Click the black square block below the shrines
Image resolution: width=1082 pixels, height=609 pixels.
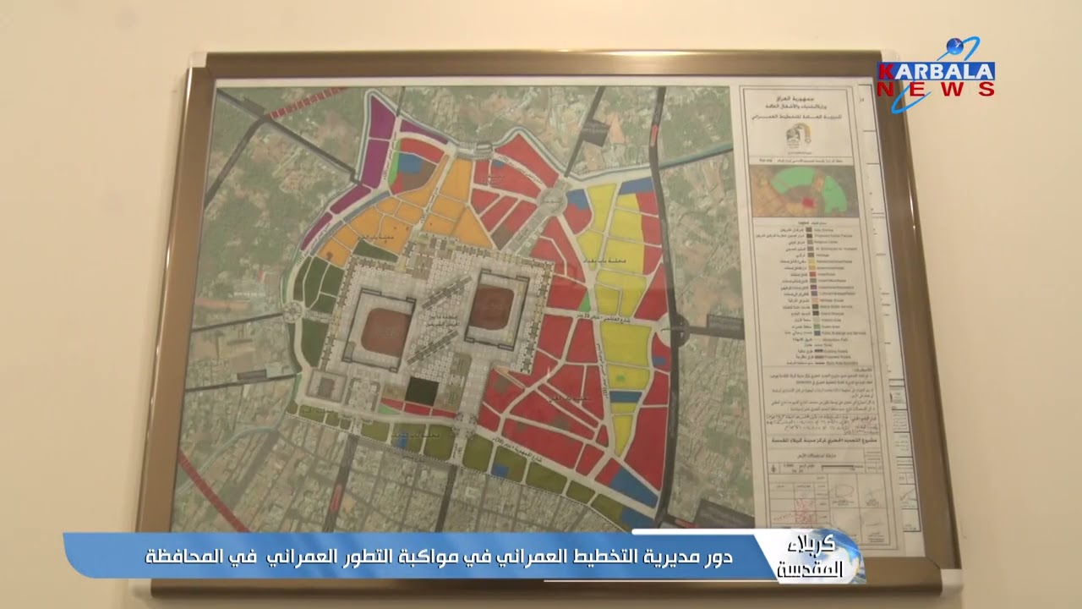click(420, 391)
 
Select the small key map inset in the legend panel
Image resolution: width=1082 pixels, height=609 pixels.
click(803, 190)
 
